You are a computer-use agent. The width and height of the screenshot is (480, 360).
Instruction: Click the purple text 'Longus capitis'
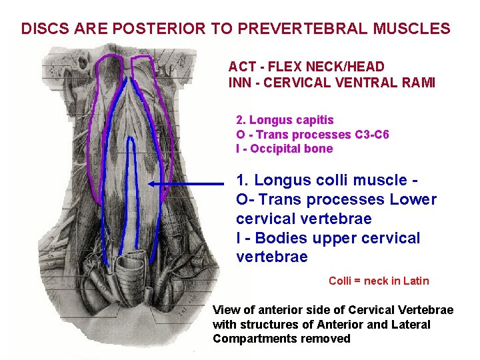coord(291,120)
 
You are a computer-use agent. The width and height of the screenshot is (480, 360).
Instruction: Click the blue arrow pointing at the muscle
coord(187,183)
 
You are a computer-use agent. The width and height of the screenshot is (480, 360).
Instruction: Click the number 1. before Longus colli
coord(243,180)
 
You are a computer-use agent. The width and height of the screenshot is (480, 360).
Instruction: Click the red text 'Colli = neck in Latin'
coord(379,281)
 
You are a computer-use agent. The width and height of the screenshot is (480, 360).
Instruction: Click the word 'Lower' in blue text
coord(413,199)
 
